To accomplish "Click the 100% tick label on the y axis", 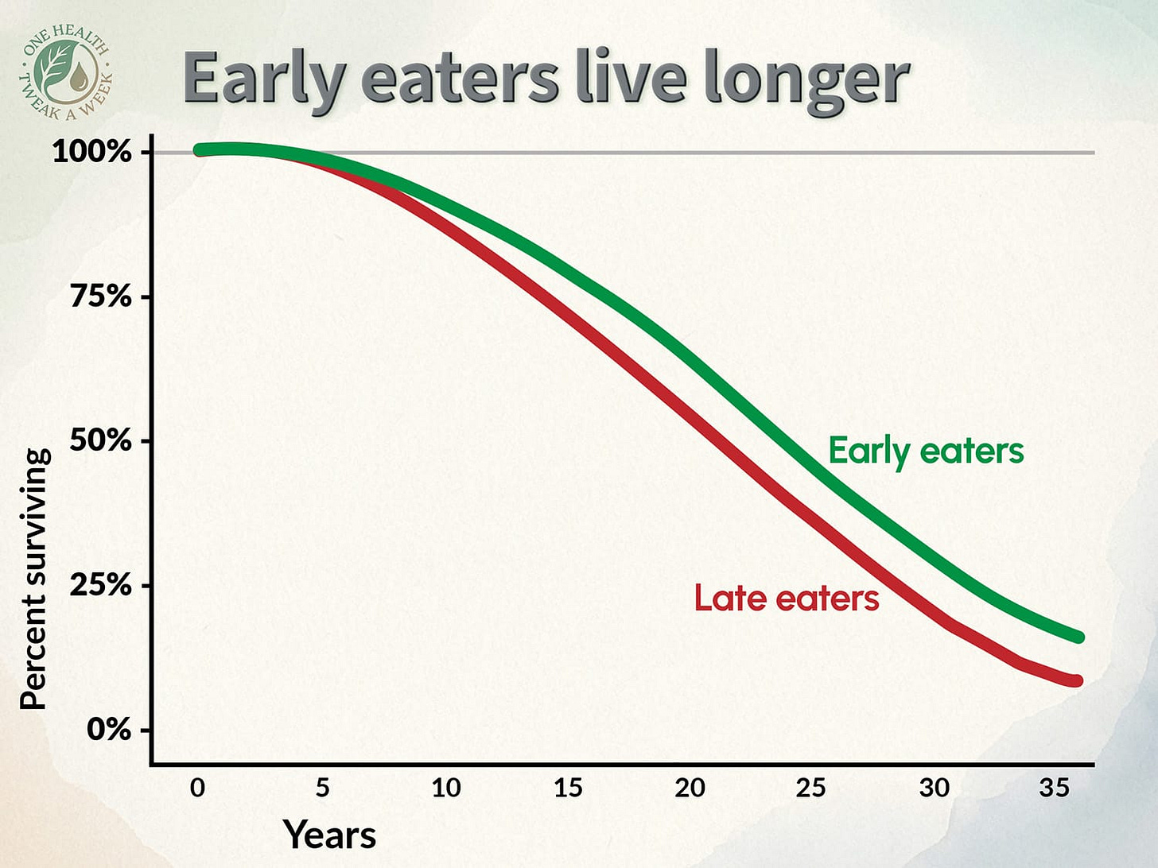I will tap(91, 151).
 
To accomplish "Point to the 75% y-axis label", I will tap(100, 296).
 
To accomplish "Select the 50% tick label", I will tap(100, 440).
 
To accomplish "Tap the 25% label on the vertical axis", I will tap(100, 585).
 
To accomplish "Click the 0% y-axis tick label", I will tap(109, 729).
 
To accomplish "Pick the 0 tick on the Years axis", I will tap(197, 788).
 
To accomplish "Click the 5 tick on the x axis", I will tap(322, 788).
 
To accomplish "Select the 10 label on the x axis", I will tap(445, 788).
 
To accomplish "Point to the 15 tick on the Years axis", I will tap(568, 788).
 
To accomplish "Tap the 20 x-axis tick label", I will tap(690, 788).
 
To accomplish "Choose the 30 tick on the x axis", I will tap(934, 788).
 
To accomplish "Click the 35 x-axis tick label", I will tap(1055, 788).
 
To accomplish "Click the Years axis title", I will tap(329, 835).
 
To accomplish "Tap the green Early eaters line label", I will tap(926, 451).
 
